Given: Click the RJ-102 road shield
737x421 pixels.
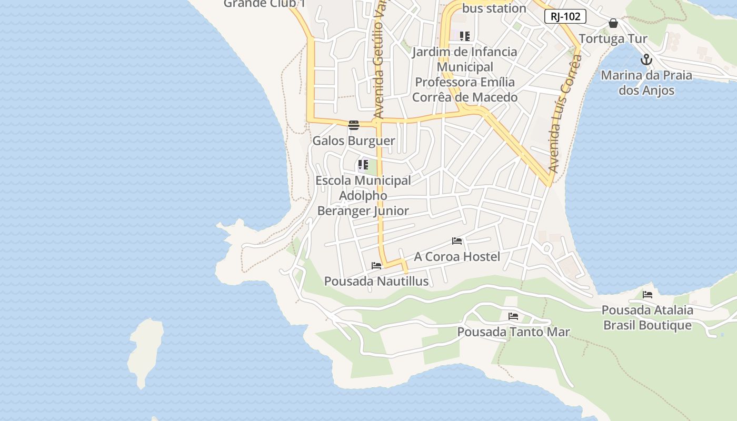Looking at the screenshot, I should (x=565, y=16).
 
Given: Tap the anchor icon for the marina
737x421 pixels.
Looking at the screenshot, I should (x=646, y=59).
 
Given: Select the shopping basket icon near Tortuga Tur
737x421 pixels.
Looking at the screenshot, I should (x=613, y=23).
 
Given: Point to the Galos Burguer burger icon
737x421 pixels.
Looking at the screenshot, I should (x=353, y=125).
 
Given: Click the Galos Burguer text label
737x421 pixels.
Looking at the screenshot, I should (x=354, y=141).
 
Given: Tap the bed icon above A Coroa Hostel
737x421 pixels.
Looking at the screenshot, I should (x=457, y=241).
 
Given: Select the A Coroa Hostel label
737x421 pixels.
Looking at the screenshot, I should (x=457, y=257).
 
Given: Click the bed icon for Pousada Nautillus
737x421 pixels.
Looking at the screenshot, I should (x=376, y=266).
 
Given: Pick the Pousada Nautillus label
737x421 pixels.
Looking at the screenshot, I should (x=376, y=282).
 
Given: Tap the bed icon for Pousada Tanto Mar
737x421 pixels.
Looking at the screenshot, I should (x=513, y=316).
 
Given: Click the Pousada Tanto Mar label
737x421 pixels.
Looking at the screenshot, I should (x=513, y=332).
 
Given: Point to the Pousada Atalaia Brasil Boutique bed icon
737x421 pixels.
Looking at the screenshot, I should (x=648, y=294).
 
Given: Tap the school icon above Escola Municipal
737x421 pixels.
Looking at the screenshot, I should (x=363, y=165).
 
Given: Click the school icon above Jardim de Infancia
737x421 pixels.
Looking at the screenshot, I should (x=464, y=36).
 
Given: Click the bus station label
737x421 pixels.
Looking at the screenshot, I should (x=494, y=8).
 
